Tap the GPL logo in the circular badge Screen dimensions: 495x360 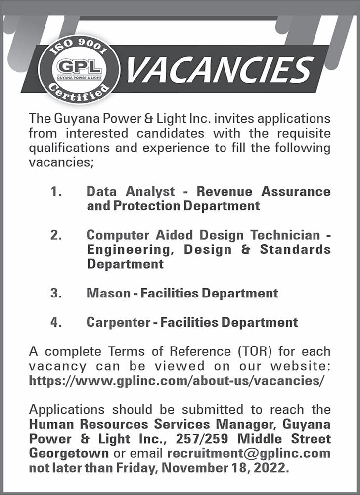coord(79,68)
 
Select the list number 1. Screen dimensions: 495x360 coord(56,191)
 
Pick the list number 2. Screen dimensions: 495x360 coord(56,235)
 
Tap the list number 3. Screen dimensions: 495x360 coord(56,293)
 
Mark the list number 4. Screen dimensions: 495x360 coord(56,323)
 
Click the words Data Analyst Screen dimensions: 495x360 coord(131,191)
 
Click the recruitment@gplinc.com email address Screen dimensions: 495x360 coord(249,453)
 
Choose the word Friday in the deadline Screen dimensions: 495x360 coord(140,468)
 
